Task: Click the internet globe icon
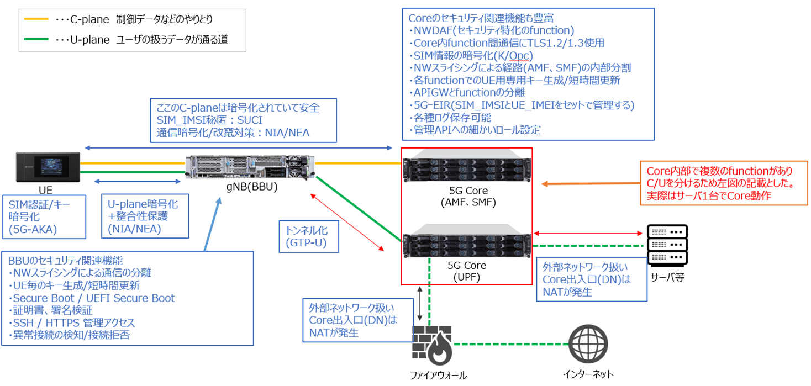tap(588, 345)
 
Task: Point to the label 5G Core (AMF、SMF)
tap(466, 197)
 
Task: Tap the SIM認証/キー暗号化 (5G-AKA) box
tap(44, 216)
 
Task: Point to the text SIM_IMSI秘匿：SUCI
tap(210, 120)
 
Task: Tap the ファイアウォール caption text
tap(438, 376)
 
